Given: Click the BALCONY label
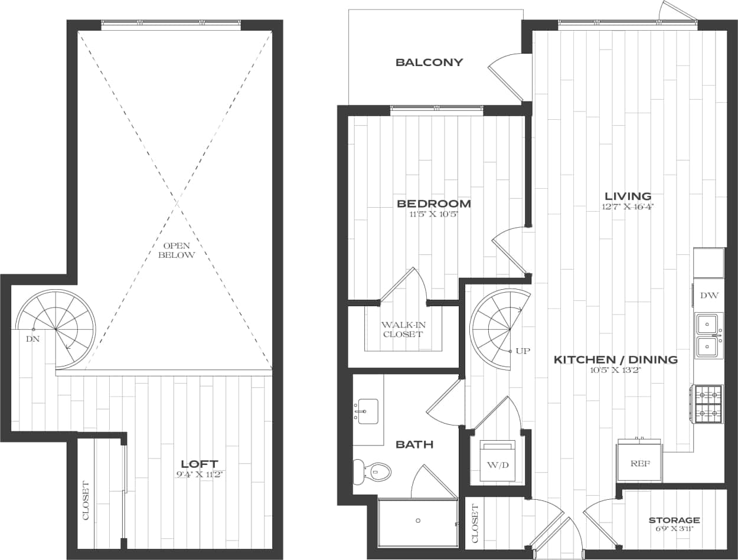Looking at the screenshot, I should [429, 63].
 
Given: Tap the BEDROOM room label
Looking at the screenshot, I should [434, 204].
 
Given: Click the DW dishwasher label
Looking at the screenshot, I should [708, 295].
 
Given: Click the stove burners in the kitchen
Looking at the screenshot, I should [708, 404].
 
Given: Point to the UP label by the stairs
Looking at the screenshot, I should [523, 351].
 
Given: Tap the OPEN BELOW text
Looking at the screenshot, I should [175, 250].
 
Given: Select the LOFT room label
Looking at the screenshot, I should [199, 464].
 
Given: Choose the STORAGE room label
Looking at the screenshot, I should [674, 520].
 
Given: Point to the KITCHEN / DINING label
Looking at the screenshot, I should [615, 359].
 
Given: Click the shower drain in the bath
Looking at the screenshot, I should [418, 520].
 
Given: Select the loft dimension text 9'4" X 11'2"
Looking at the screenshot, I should [199, 474].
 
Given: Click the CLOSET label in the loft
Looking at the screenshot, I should [86, 501].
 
